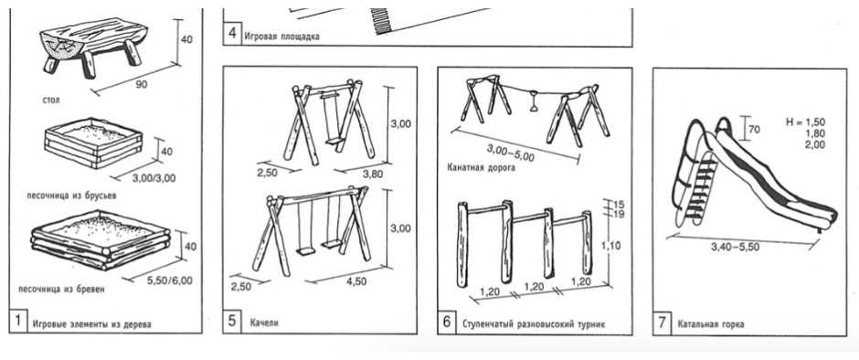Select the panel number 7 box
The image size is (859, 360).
662,323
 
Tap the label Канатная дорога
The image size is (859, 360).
481,168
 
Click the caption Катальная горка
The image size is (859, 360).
711,323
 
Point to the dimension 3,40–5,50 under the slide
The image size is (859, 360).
735,247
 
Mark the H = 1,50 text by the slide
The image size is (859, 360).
805,122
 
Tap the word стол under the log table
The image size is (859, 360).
51,101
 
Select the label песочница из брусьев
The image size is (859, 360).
71,195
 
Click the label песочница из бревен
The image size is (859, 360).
61,289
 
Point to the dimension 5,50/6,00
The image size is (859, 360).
170,281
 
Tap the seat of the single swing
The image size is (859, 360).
333,142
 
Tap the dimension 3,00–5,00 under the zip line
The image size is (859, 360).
510,152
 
